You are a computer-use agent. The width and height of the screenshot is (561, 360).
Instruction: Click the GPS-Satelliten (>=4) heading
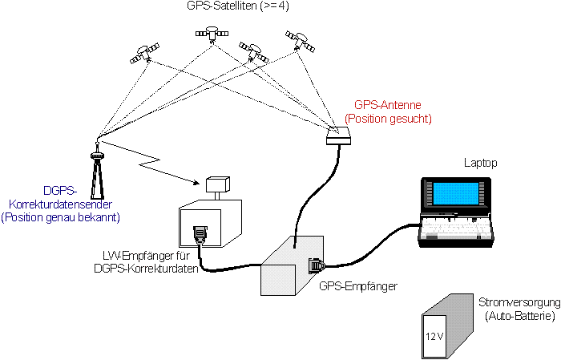coord(237,6)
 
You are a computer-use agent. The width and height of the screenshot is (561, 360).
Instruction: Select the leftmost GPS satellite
coord(144,54)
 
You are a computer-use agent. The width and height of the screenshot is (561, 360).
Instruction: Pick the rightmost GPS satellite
coord(300,41)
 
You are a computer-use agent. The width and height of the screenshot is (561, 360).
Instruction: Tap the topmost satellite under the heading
coord(212,34)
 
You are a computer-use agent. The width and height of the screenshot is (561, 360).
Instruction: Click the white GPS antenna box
coord(339,136)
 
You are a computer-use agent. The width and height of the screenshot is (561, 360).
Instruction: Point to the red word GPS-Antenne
coord(387,105)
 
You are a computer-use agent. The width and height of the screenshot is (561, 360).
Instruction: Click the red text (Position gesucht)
coord(387,119)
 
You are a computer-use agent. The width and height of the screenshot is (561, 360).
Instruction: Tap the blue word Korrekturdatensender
coord(60,204)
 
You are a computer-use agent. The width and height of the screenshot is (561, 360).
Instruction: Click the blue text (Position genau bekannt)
coord(60,217)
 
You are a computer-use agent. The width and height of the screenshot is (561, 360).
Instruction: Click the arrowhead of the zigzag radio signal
coord(196,183)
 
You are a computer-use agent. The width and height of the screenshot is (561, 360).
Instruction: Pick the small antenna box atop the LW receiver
coord(217,184)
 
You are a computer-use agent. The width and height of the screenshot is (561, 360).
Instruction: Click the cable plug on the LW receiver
coord(200,235)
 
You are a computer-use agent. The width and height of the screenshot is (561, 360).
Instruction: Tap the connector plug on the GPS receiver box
coord(317,265)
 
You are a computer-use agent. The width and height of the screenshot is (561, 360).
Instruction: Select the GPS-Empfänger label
coord(358,286)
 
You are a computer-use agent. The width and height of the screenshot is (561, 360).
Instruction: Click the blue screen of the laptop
coord(455,194)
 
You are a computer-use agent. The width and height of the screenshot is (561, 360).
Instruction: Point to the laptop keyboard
coord(457,227)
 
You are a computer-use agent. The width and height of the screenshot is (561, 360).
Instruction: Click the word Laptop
coord(481,163)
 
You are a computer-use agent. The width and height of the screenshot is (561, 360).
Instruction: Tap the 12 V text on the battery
coord(434,337)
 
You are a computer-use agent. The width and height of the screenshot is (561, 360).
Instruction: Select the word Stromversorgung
coord(519,302)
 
